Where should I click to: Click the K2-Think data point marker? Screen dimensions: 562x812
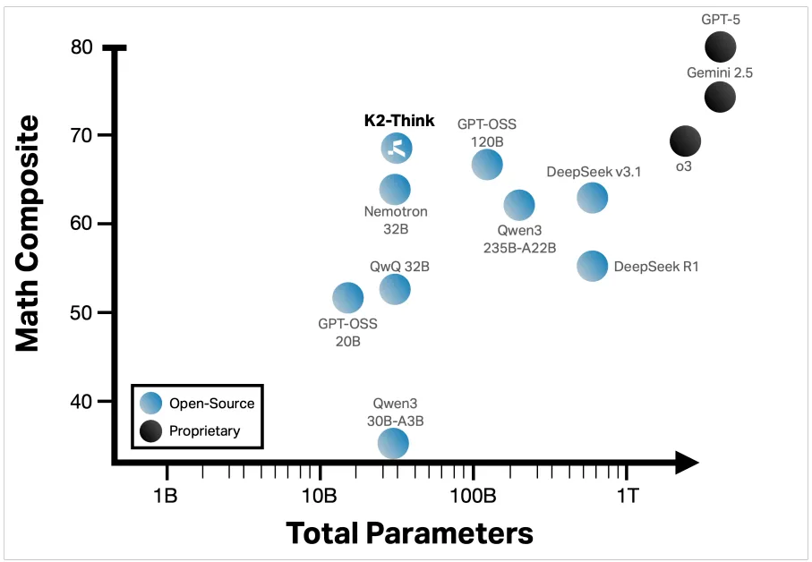click(x=397, y=148)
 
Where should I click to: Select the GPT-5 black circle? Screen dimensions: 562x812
click(x=720, y=47)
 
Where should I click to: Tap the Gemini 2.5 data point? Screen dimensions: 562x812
click(x=720, y=96)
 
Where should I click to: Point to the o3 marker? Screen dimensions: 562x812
click(x=685, y=140)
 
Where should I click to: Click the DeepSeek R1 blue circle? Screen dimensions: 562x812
click(x=593, y=265)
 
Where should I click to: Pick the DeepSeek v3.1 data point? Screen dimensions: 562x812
click(x=592, y=198)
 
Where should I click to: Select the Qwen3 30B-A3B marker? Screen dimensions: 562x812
click(x=393, y=442)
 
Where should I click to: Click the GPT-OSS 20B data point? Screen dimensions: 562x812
click(x=347, y=297)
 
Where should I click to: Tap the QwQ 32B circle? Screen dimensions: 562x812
click(x=395, y=288)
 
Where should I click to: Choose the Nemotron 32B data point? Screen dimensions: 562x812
click(x=395, y=189)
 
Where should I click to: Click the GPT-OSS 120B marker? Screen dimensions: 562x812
click(x=486, y=164)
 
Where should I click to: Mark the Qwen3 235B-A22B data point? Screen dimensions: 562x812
click(x=519, y=205)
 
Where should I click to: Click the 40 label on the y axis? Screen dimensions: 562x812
click(x=81, y=401)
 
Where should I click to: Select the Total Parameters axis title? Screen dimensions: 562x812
click(x=409, y=533)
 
